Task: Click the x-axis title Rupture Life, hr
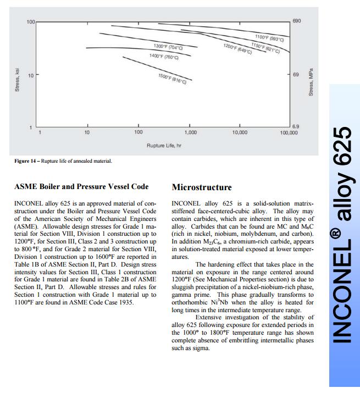tap(164, 145)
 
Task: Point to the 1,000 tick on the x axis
tap(190, 132)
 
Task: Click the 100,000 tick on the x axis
tap(289, 132)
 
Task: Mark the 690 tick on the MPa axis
tap(297, 21)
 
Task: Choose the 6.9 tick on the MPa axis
tap(296, 126)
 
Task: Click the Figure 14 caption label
tap(25, 161)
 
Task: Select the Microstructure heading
tap(202, 187)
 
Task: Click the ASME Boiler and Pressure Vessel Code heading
tap(82, 187)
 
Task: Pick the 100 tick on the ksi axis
tap(31, 22)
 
